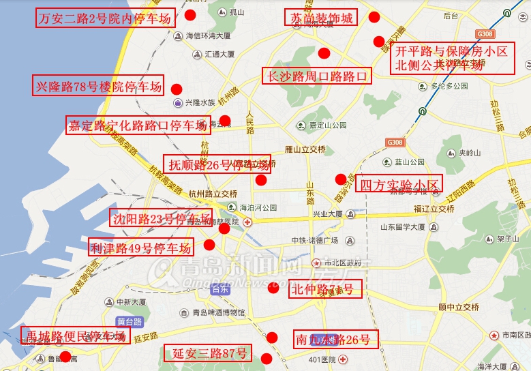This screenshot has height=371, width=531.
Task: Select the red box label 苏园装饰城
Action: [320, 18]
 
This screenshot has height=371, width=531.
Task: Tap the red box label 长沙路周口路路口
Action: [317, 76]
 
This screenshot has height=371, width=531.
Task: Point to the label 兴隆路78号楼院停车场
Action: [99, 86]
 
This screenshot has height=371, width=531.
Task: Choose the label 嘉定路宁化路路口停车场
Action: [137, 125]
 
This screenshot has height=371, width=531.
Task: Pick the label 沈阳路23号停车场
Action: [161, 218]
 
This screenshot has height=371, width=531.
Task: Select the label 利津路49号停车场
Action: [140, 247]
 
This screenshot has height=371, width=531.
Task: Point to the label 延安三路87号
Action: [207, 353]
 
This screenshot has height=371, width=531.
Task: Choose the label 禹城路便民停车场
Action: [74, 335]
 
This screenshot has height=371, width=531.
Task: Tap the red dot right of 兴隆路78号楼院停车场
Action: [176, 89]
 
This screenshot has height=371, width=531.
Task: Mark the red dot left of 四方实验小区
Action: [340, 179]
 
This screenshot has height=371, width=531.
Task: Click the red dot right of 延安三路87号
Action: [267, 358]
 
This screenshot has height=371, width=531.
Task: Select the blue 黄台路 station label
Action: [129, 321]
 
